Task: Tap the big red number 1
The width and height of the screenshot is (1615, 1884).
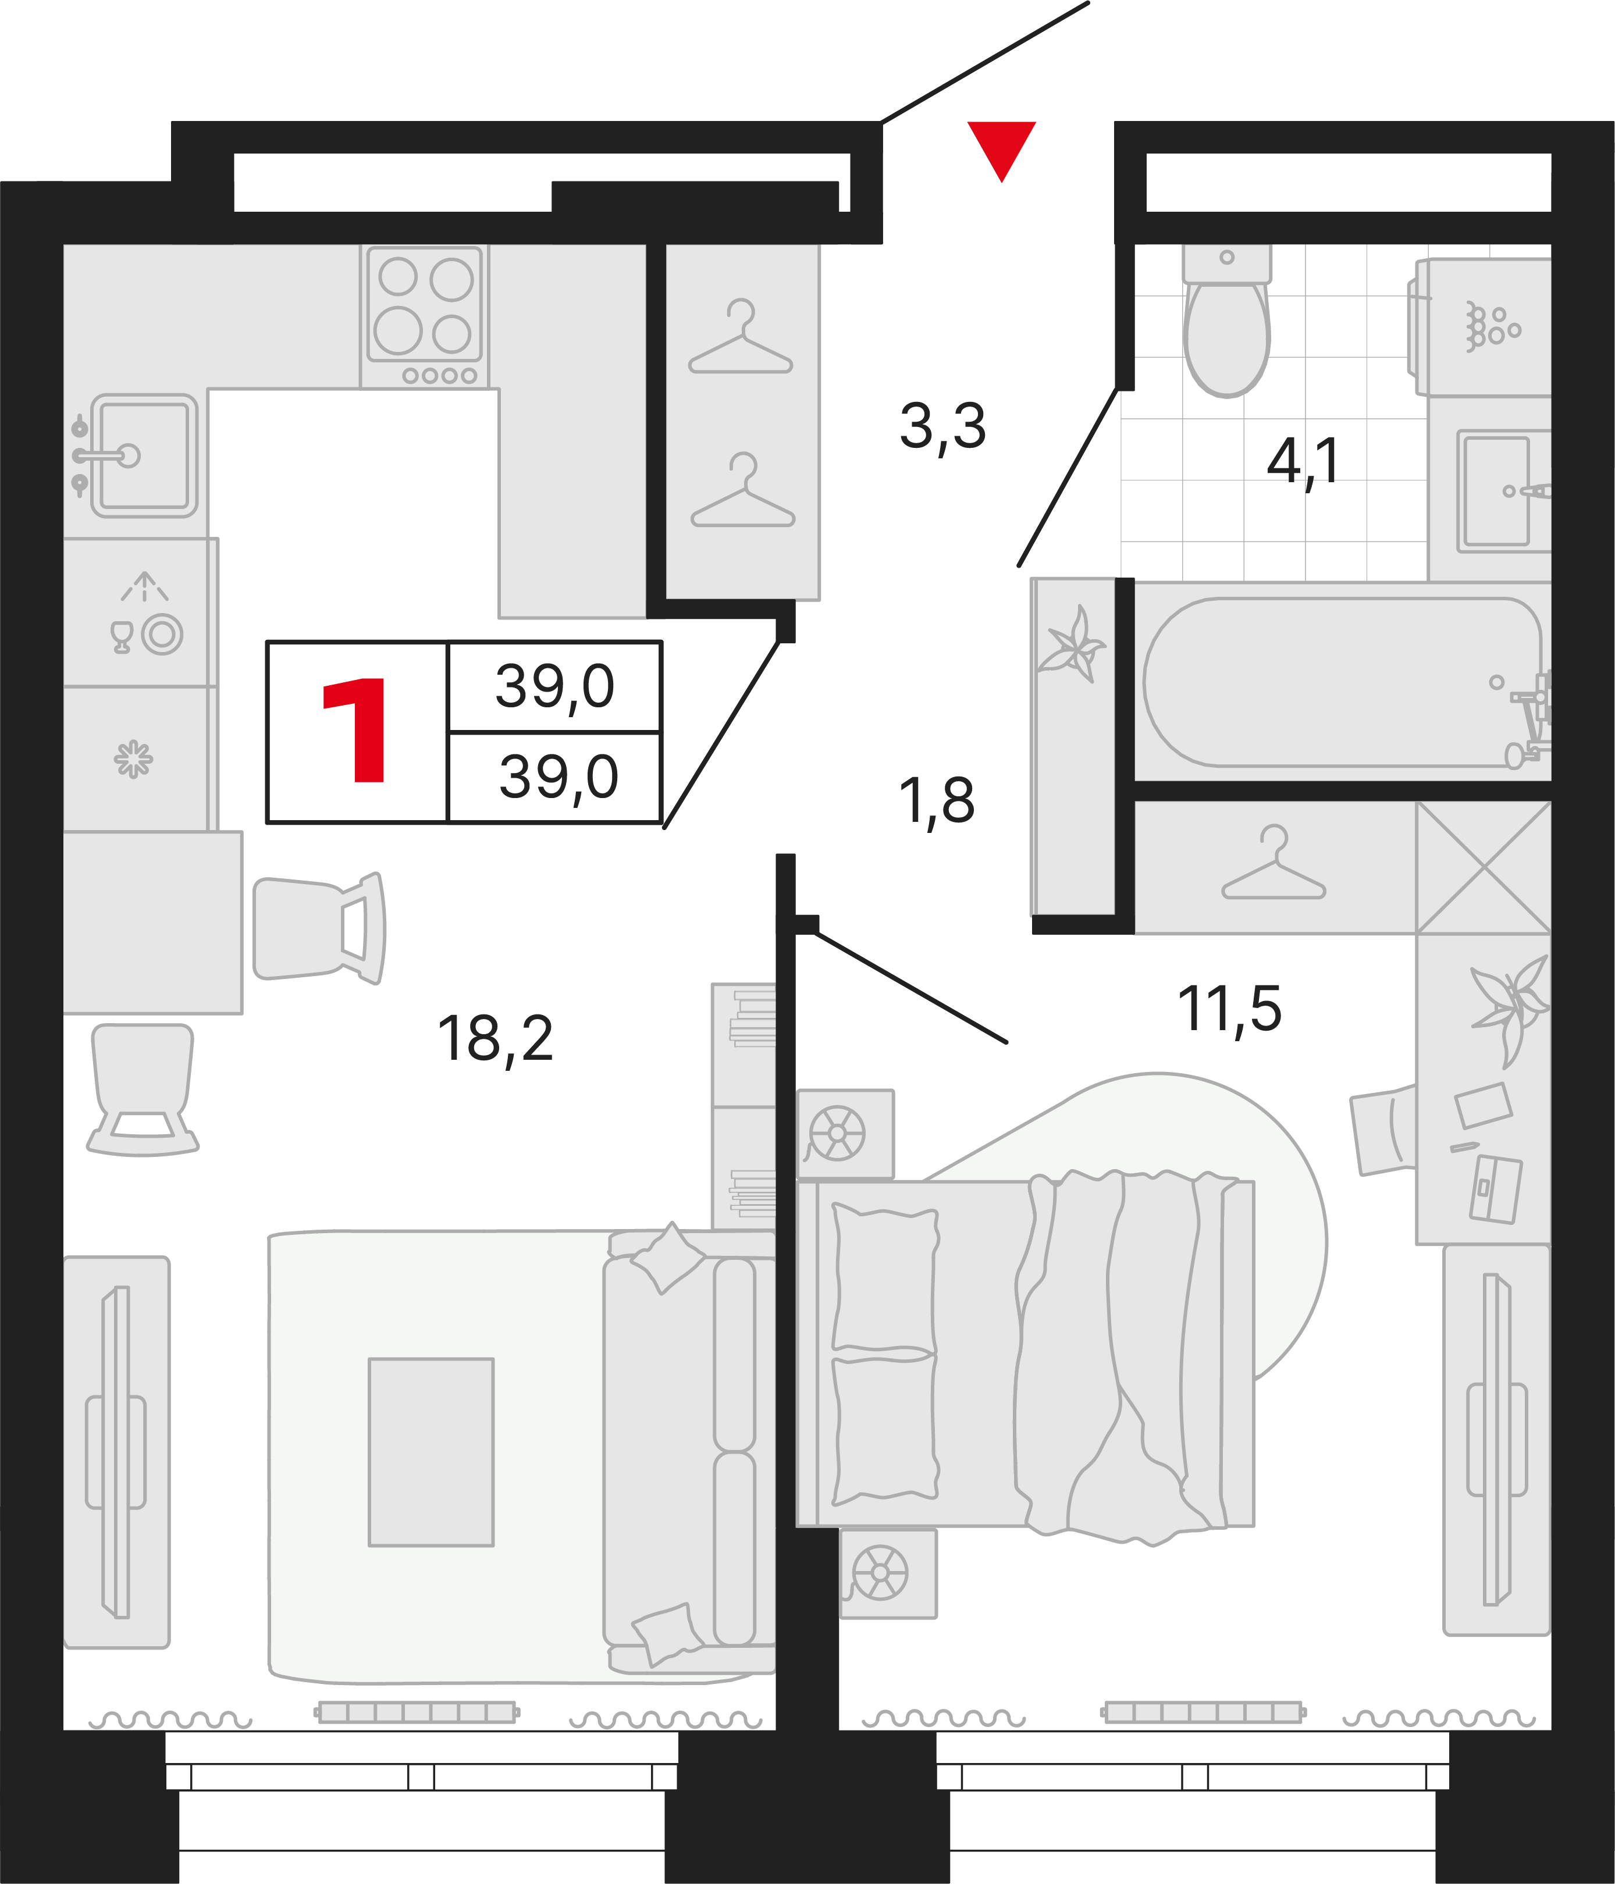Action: [x=355, y=730]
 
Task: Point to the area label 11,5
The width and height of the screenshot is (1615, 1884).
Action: [x=1229, y=1009]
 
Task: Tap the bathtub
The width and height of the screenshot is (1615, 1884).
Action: [x=1342, y=682]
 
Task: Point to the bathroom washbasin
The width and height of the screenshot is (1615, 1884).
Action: [x=1495, y=491]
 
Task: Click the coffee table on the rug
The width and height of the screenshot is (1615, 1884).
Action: [x=431, y=1452]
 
